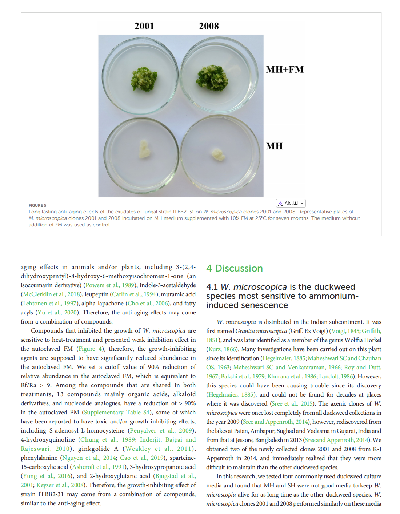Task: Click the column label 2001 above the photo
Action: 144,26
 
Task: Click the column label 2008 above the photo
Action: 209,26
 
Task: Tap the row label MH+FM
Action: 285,69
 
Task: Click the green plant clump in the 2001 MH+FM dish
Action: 144,79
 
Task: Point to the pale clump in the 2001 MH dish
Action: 145,149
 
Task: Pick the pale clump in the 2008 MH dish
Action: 218,154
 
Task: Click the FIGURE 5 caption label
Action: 37,205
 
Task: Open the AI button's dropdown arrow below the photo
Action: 302,203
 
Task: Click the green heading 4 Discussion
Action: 234,268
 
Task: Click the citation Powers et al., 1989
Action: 109,285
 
